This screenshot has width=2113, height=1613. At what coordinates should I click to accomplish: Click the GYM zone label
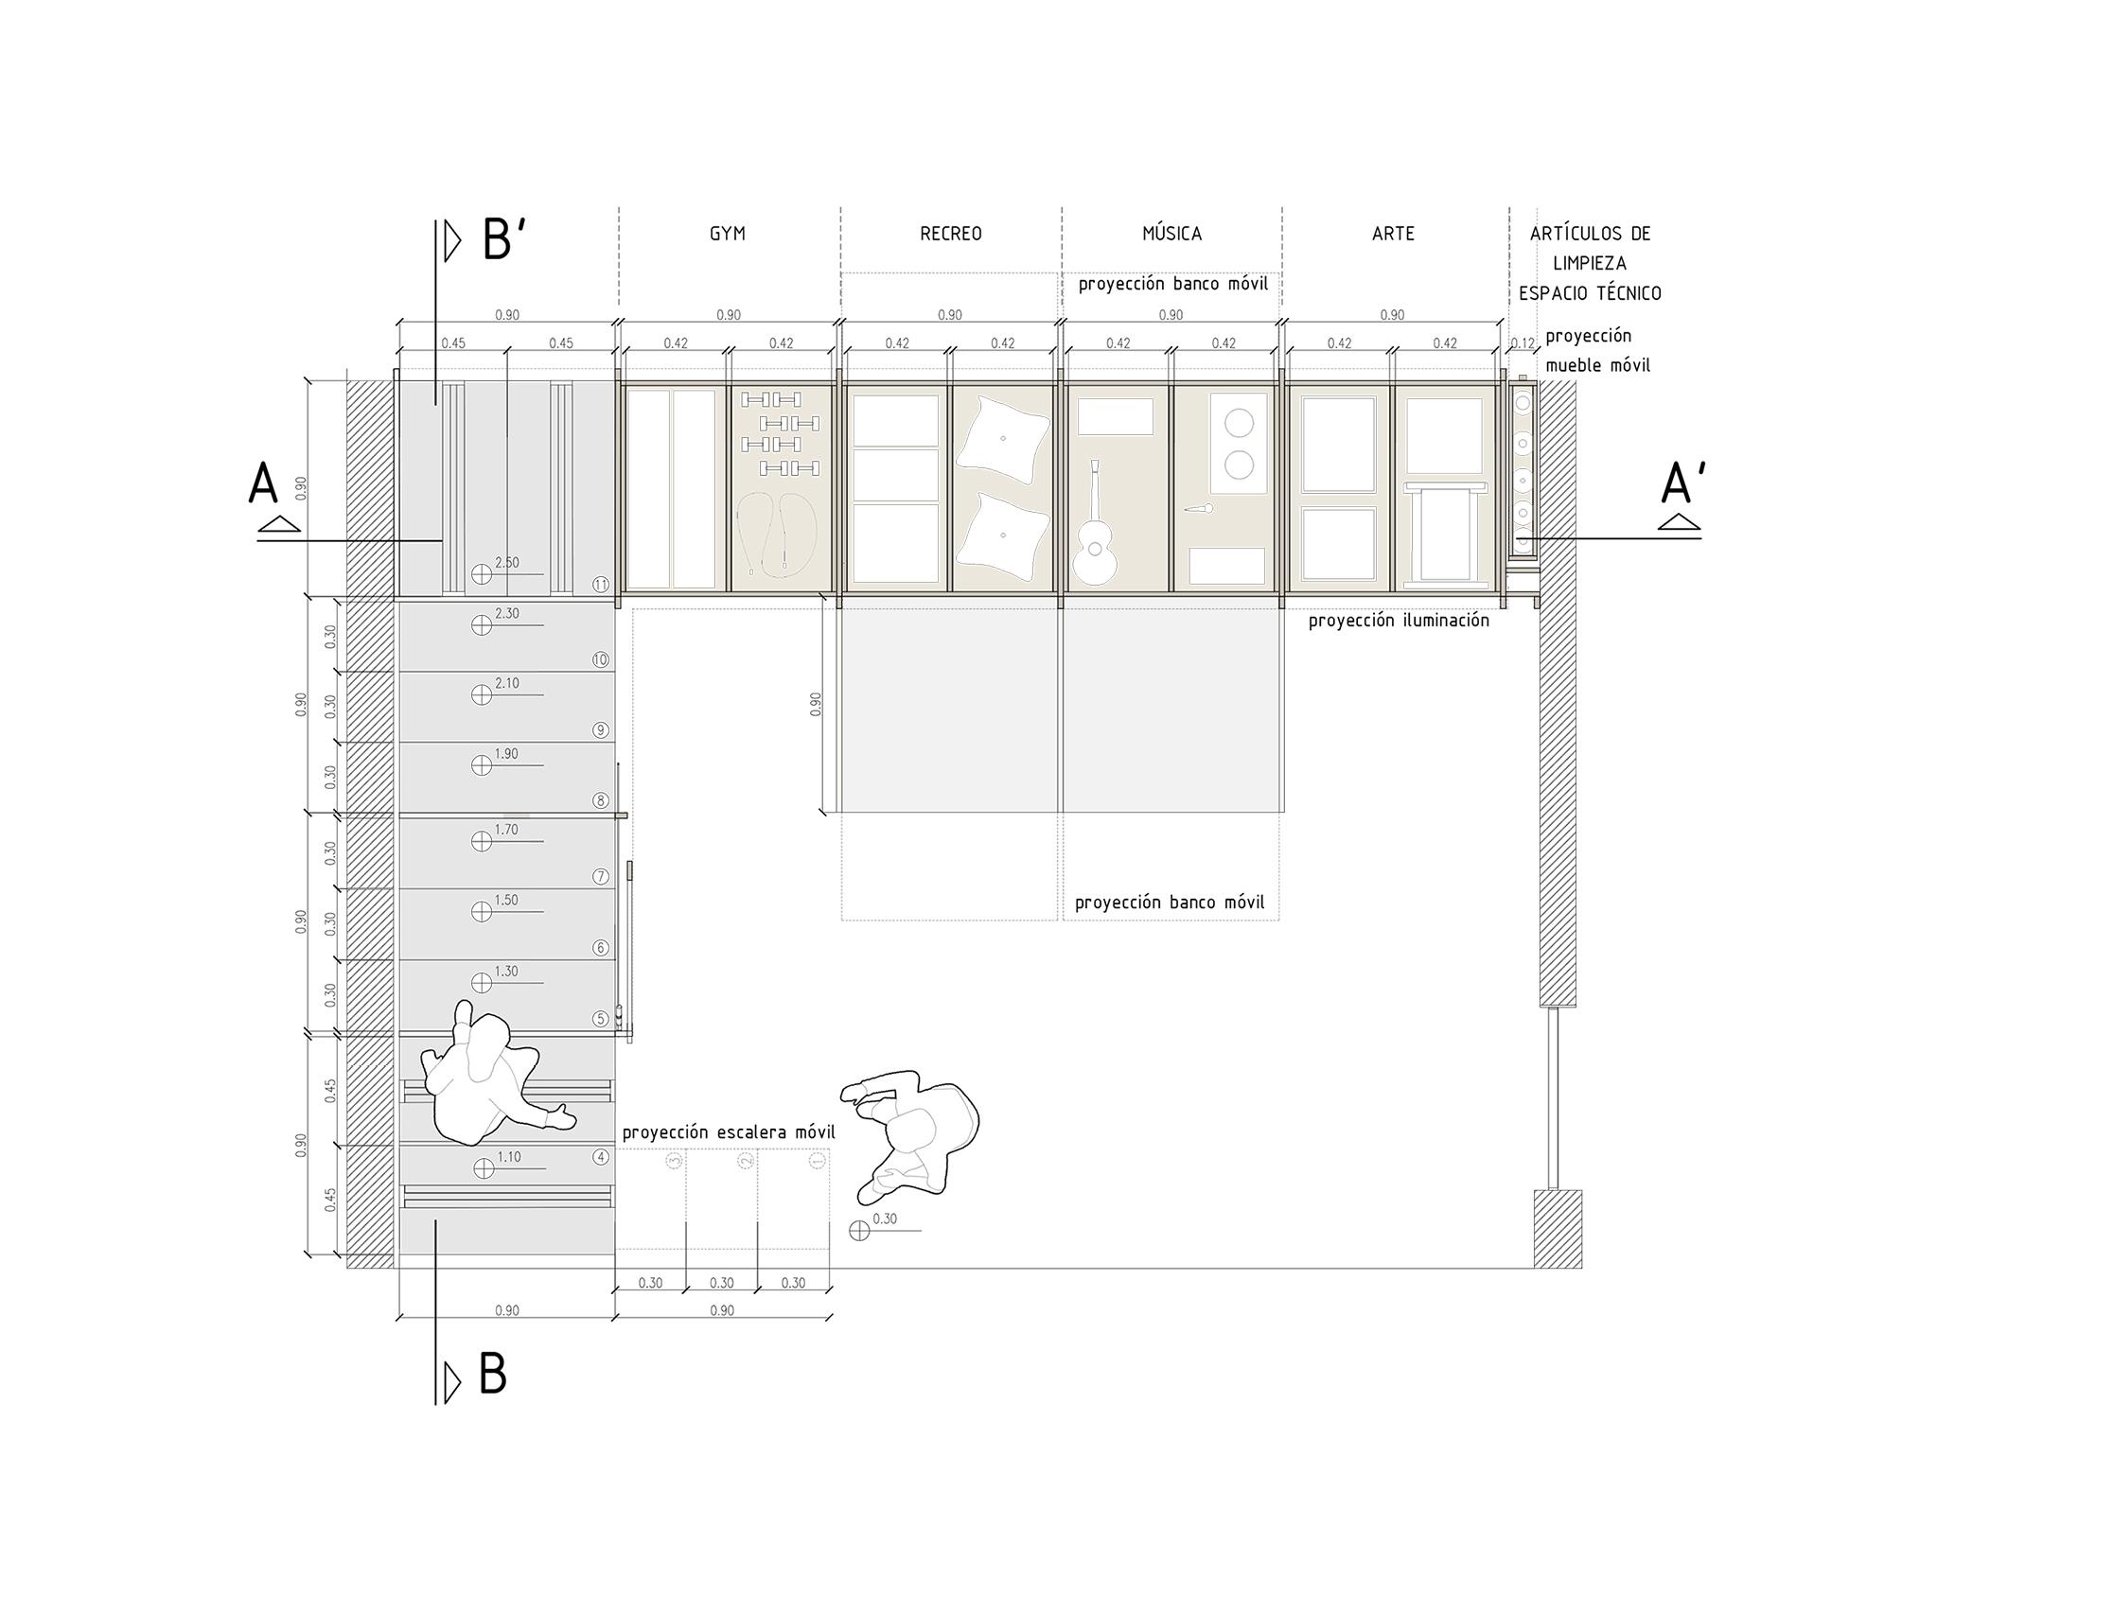(x=727, y=234)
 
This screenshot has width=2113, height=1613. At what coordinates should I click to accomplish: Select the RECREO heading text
(x=950, y=234)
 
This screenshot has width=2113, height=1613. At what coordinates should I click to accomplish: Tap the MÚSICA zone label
(x=1171, y=234)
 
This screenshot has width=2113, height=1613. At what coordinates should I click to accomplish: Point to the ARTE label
(x=1393, y=234)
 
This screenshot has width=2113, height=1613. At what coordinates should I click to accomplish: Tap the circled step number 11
(x=601, y=585)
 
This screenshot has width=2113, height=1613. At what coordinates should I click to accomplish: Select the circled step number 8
(x=601, y=800)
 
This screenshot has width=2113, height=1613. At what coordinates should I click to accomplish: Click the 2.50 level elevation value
(x=506, y=563)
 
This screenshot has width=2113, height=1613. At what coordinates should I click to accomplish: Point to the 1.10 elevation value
(x=509, y=1157)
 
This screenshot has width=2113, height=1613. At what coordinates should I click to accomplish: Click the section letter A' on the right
(x=1682, y=484)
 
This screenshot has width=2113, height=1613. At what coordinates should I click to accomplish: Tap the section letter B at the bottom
(x=492, y=1376)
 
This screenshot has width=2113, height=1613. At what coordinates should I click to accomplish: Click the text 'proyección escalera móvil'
(x=728, y=1132)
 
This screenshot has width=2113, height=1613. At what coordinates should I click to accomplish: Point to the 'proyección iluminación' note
(x=1399, y=621)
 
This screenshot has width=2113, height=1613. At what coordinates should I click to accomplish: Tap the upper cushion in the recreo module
(x=1003, y=441)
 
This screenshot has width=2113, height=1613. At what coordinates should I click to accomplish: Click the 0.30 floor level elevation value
(x=885, y=1219)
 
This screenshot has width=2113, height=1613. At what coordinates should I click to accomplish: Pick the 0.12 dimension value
(x=1523, y=342)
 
